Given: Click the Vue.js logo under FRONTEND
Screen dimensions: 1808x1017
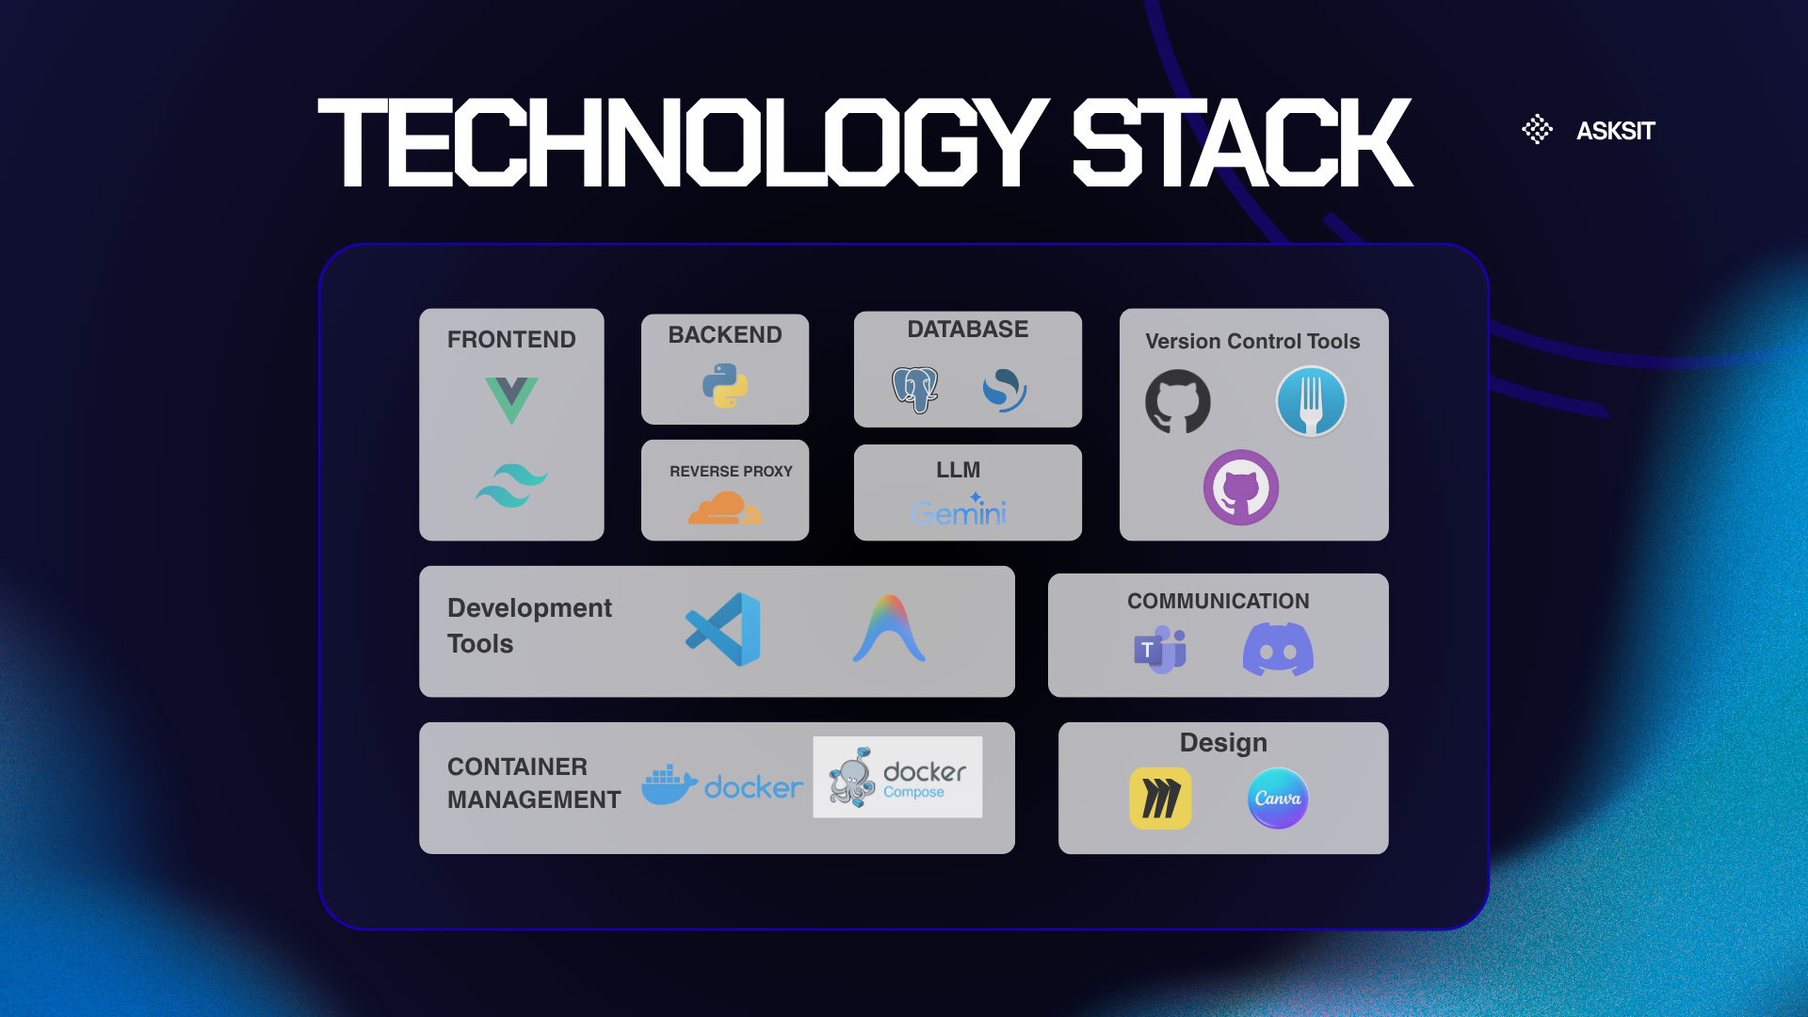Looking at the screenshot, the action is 511,400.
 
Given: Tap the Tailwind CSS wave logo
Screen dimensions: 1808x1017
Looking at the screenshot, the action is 511,486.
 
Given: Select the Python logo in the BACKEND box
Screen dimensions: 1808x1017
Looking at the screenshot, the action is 725,385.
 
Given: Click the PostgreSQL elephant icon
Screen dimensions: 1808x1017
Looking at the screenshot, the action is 915,389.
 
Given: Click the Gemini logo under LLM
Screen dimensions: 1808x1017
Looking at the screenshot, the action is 959,509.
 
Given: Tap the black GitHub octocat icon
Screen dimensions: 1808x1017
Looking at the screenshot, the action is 1178,401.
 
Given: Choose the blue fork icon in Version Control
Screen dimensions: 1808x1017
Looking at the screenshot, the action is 1311,401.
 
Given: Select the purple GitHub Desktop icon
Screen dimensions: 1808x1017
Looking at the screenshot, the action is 1241,488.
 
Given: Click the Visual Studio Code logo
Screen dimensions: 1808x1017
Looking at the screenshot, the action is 723,629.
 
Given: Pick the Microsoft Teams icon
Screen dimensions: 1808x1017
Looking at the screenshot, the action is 1160,650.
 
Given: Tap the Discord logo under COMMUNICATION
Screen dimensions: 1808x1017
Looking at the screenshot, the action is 1278,650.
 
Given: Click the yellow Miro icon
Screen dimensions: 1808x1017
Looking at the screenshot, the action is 1160,799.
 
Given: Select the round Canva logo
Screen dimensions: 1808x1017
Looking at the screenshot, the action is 1278,799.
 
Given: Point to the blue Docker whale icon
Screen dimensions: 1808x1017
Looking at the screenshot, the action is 669,784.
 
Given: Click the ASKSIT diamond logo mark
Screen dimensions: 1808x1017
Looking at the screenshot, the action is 1538,129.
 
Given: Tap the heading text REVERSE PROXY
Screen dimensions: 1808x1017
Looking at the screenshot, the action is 731,471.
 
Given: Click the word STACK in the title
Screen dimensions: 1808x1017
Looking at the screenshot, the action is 1242,142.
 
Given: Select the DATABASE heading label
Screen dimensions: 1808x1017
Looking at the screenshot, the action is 968,330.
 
